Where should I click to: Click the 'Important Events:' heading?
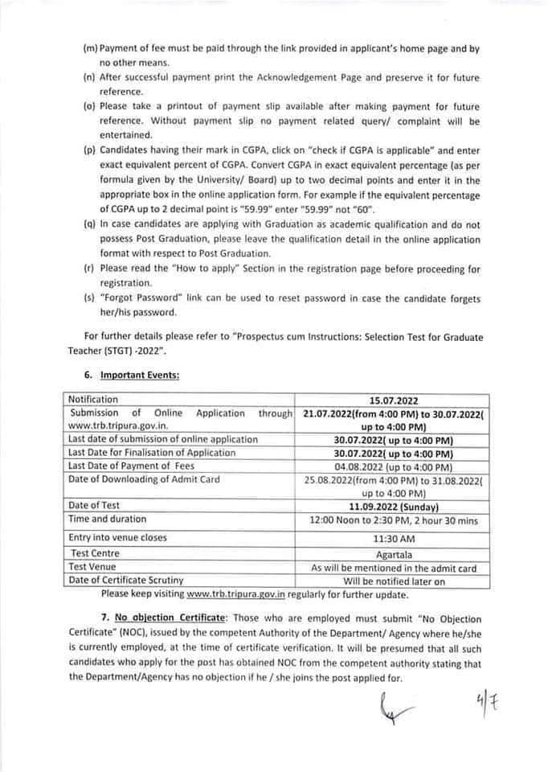pyautogui.click(x=141, y=375)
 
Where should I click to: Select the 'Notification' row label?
pyautogui.click(x=93, y=400)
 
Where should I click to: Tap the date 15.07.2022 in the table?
pyautogui.click(x=394, y=400)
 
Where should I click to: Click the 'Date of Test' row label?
pyautogui.click(x=95, y=506)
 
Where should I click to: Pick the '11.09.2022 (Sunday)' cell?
pyautogui.click(x=394, y=507)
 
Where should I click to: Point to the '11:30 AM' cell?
pyautogui.click(x=394, y=537)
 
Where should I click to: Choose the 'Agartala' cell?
pyautogui.click(x=394, y=553)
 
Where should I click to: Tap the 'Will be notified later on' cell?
pyautogui.click(x=394, y=581)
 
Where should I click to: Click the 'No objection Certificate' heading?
pyautogui.click(x=162, y=619)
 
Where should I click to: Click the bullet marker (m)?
pyautogui.click(x=90, y=49)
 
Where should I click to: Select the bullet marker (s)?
pyautogui.click(x=89, y=299)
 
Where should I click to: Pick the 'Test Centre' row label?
pyautogui.click(x=94, y=553)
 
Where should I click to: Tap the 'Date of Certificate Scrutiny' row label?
pyautogui.click(x=126, y=581)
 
